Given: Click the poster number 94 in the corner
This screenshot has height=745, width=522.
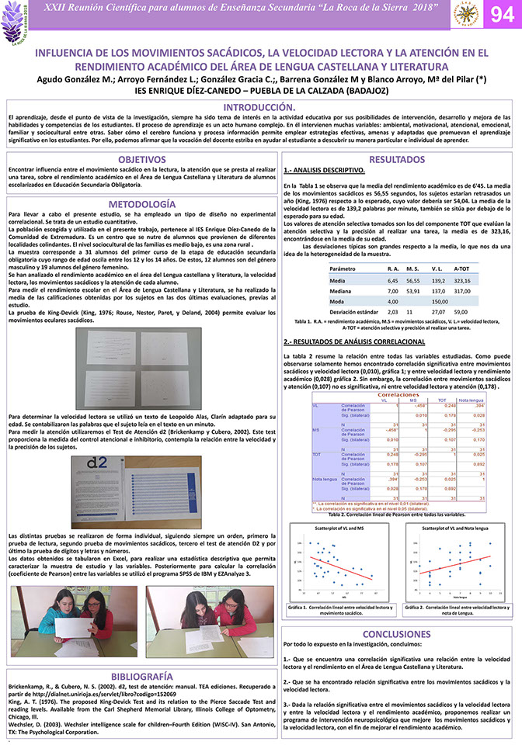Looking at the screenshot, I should coord(499,15).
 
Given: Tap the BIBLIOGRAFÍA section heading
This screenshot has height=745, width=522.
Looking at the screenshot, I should coord(141,675).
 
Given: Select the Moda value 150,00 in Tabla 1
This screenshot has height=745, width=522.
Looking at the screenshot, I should coord(440,300).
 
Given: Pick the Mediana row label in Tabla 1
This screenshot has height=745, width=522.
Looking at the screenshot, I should coord(342,290).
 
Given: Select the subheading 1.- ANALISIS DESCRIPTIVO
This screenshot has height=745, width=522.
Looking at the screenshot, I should coord(325,170).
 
